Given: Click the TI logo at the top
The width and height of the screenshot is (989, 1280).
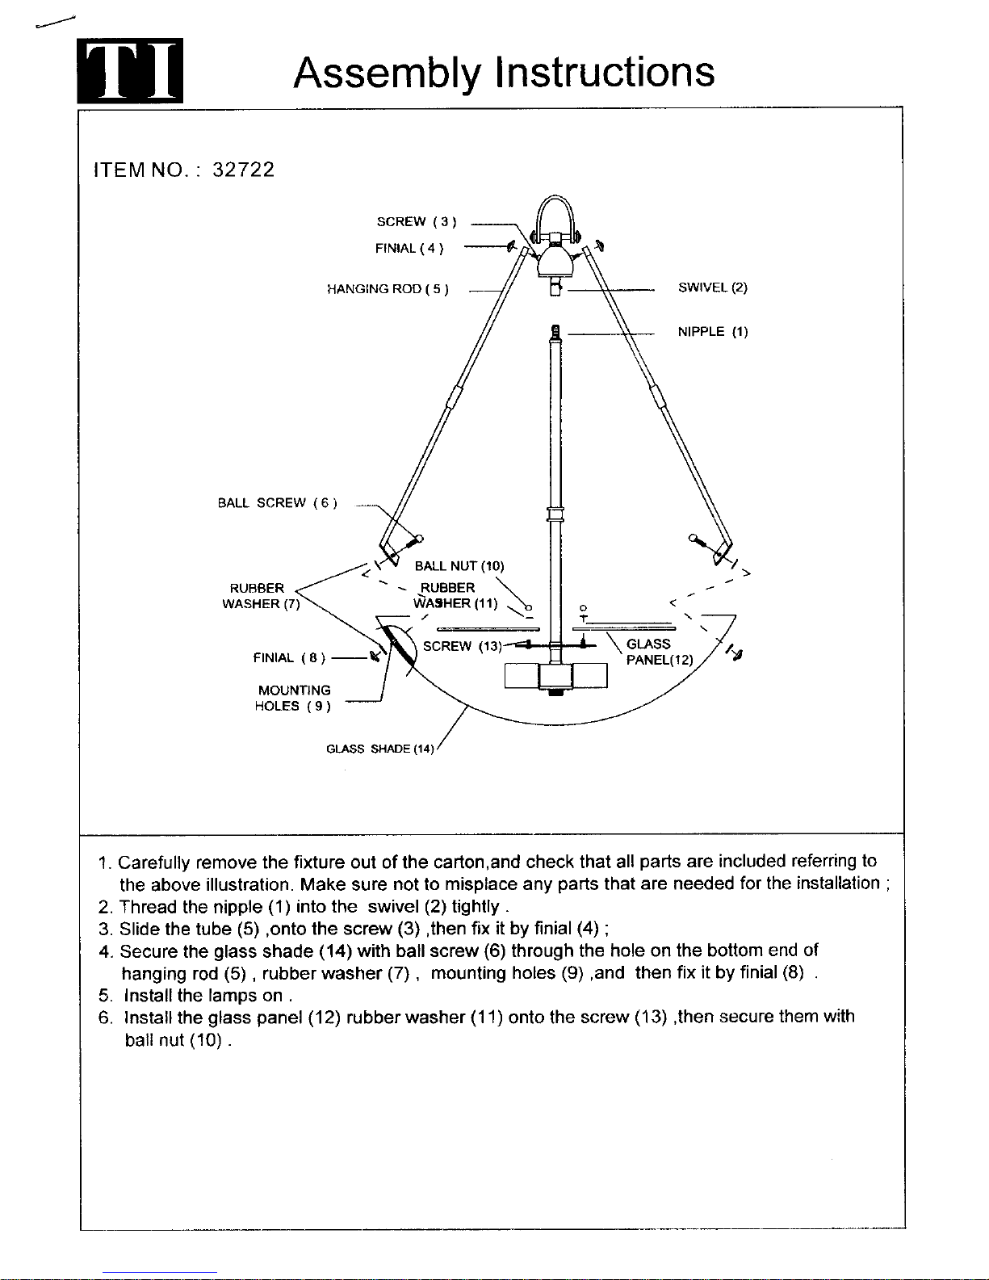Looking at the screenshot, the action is pos(130,71).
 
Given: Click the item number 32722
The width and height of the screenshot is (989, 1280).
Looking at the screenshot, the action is pos(243,170).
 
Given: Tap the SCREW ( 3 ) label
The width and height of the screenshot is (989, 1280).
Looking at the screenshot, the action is pos(417,221).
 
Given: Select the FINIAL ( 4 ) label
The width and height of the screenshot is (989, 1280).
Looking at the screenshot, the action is pos(409,248).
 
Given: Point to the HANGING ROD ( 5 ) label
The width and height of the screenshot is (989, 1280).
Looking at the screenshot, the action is pos(388,288).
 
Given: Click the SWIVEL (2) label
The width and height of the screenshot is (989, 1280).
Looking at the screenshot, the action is pos(712,287).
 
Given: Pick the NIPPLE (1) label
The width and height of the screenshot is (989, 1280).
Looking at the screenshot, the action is pos(713,332).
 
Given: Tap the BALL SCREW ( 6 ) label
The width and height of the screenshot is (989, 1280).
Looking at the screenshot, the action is pos(277,502).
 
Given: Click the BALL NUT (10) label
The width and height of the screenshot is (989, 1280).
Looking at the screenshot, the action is pos(459,566).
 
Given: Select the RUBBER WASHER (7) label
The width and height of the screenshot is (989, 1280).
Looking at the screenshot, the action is pos(261,595).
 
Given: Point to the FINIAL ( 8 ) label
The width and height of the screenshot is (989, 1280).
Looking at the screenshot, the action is pos(289,657).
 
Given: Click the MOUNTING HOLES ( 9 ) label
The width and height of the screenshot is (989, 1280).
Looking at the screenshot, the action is pos(292,698).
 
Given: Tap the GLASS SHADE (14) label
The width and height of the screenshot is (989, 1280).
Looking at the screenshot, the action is pos(379,749).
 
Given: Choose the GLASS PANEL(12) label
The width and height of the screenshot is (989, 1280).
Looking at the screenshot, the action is pos(660,652).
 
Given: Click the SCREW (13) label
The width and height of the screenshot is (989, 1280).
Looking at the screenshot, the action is pos(462,646).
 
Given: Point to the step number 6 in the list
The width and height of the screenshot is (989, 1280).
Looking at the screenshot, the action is pos(106,1018).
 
